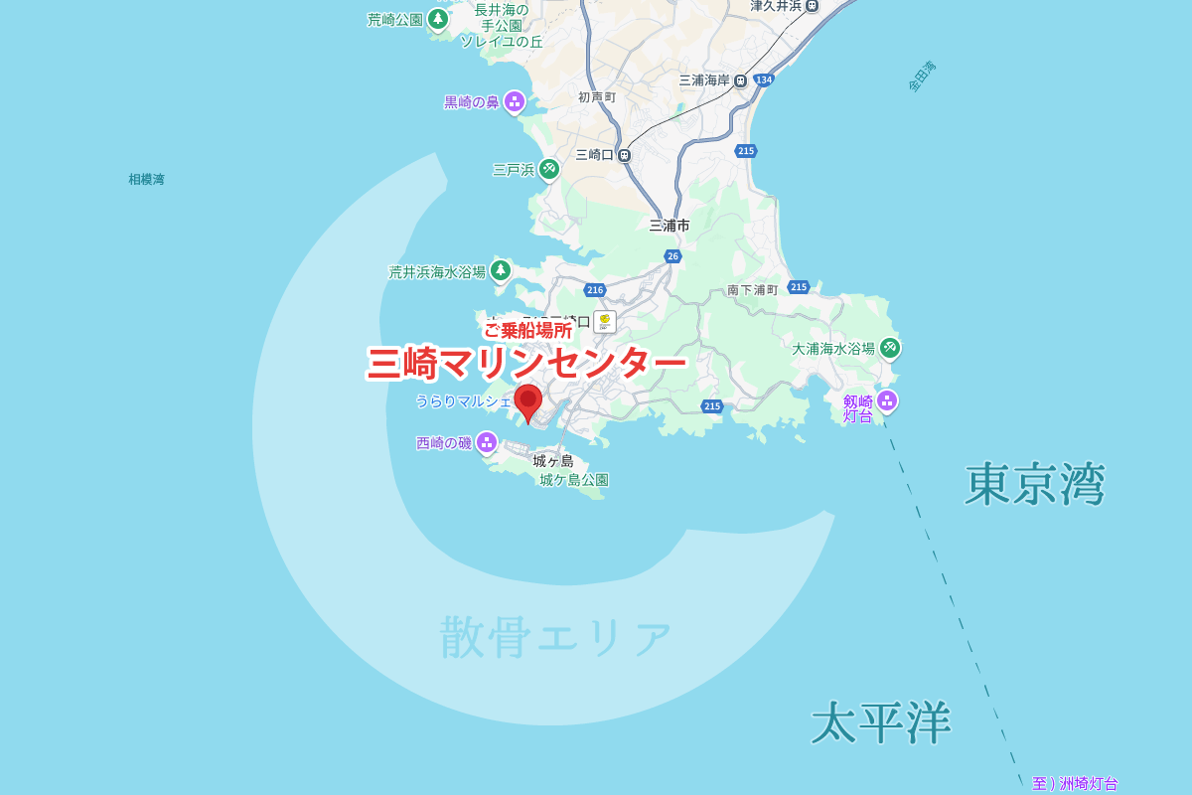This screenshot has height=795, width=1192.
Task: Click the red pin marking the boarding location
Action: (x=527, y=401)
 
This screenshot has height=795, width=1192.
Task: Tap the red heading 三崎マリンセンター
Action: (x=526, y=364)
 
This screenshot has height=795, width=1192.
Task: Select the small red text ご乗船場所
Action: (x=527, y=330)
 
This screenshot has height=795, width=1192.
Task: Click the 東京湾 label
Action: (x=1034, y=485)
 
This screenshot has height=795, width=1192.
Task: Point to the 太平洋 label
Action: (x=881, y=722)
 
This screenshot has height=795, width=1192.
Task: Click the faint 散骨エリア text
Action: (x=556, y=637)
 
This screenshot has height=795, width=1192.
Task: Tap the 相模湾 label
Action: (x=146, y=180)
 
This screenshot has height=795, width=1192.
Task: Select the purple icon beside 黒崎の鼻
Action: (x=515, y=101)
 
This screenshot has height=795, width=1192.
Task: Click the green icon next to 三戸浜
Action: (x=549, y=169)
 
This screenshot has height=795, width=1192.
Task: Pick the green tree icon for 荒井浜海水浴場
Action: (x=501, y=269)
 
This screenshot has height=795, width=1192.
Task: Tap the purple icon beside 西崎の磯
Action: (x=486, y=442)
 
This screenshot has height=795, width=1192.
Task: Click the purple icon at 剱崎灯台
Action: (x=887, y=400)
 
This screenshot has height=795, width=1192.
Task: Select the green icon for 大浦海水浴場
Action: (x=890, y=347)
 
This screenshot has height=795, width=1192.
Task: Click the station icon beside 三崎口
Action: (x=624, y=155)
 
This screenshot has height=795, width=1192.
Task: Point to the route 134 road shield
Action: (x=763, y=79)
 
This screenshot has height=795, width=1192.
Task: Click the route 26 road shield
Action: (x=672, y=256)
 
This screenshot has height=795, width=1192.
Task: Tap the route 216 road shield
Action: (x=594, y=290)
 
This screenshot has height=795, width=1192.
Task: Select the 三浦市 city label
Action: (x=670, y=226)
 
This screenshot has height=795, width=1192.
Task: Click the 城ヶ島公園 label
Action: (x=574, y=480)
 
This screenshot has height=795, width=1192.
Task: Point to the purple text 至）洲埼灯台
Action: (x=1075, y=783)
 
